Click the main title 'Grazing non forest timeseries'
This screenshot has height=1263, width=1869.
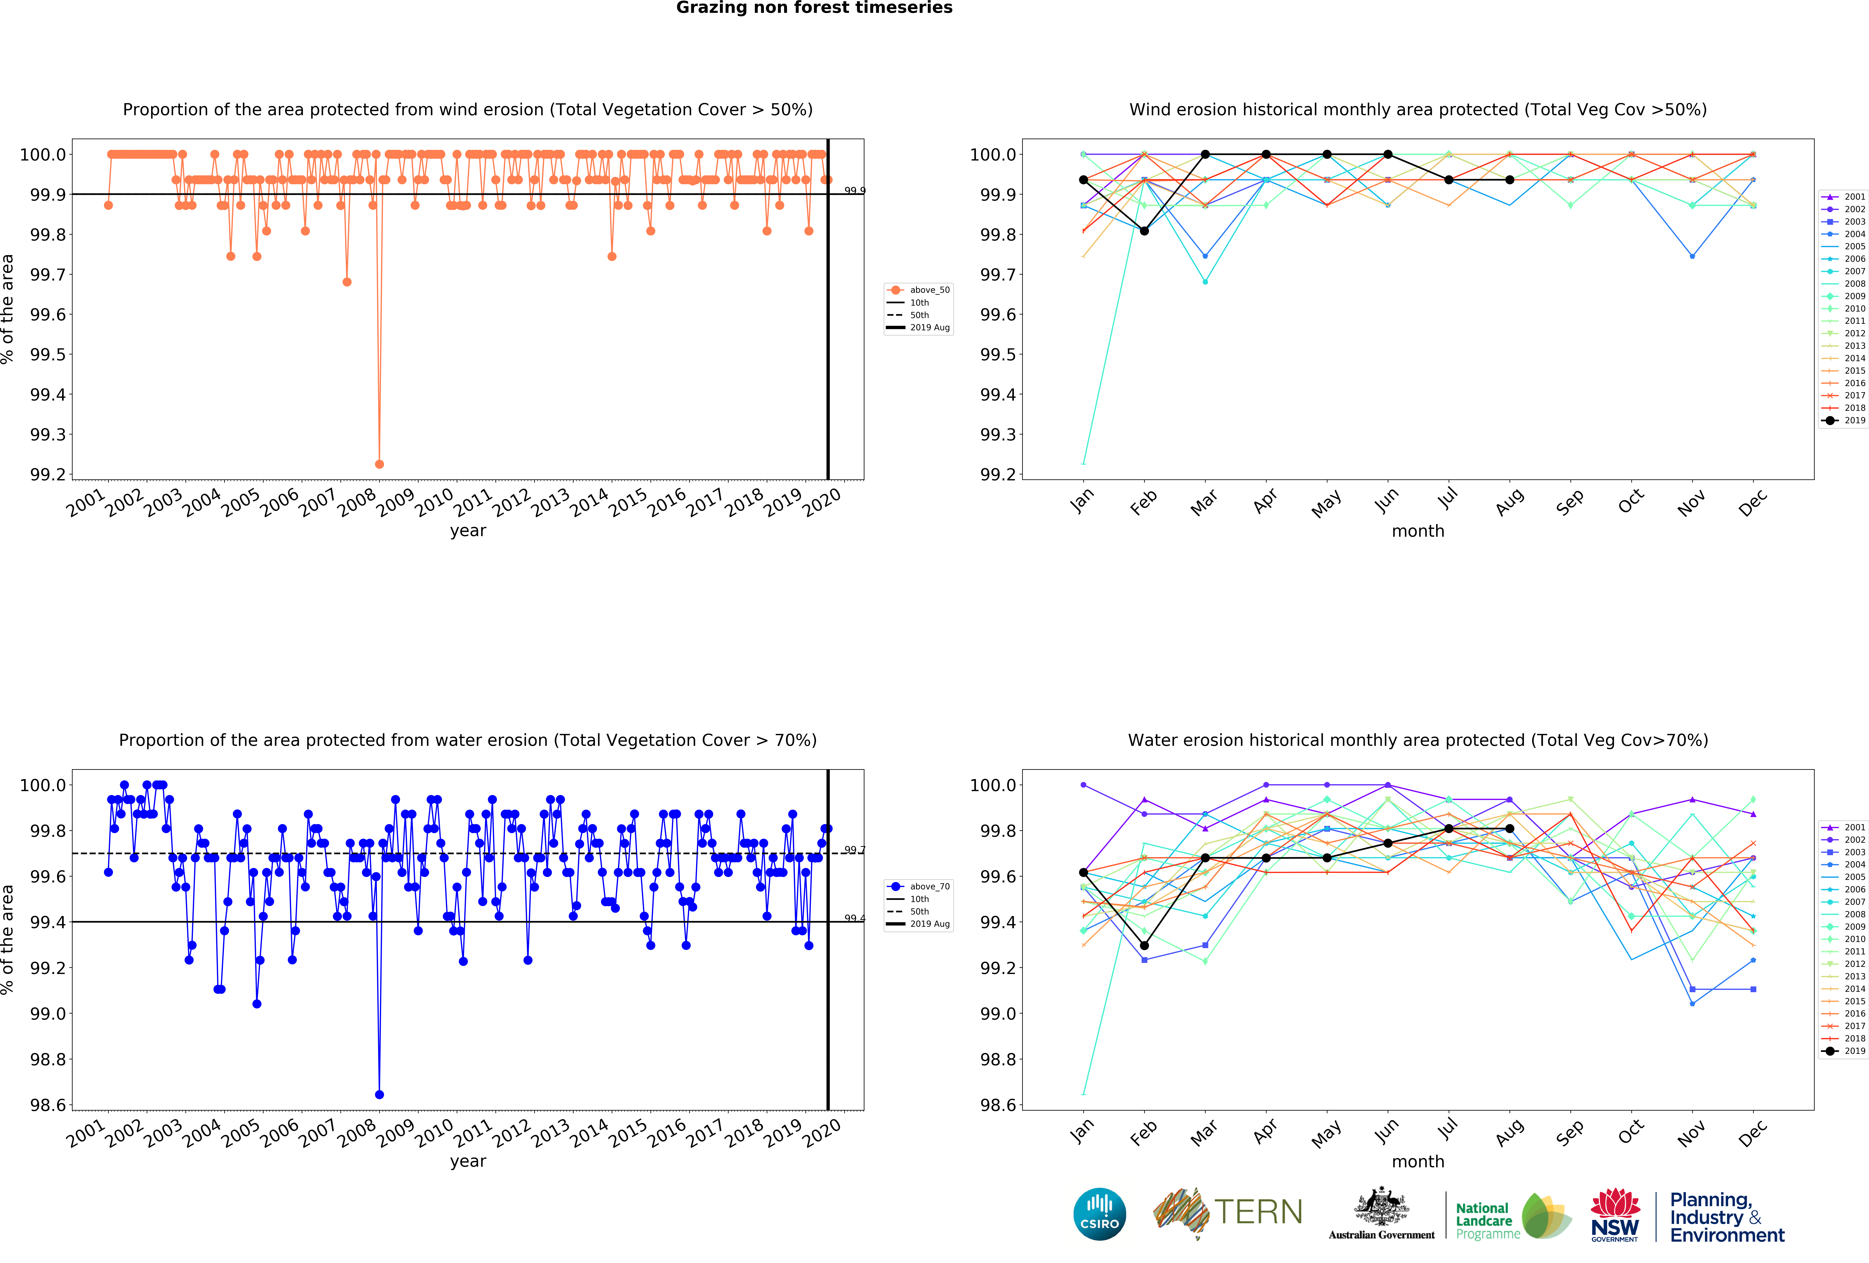pos(814,8)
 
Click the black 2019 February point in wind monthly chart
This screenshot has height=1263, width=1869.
pos(1144,231)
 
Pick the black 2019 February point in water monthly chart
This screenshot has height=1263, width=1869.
pos(1144,946)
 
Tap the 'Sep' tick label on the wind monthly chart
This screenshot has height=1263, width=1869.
pos(1570,502)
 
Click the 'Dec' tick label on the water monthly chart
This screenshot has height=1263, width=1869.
pos(1752,1132)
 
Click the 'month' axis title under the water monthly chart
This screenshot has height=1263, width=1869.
pos(1418,1162)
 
